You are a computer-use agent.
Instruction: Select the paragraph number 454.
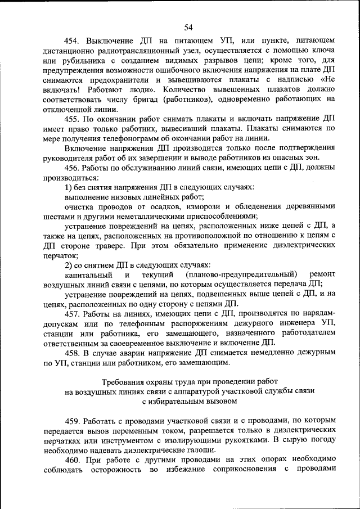click(x=74, y=41)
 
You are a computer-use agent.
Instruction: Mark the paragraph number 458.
click(x=74, y=353)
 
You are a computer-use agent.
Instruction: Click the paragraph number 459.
click(x=74, y=420)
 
